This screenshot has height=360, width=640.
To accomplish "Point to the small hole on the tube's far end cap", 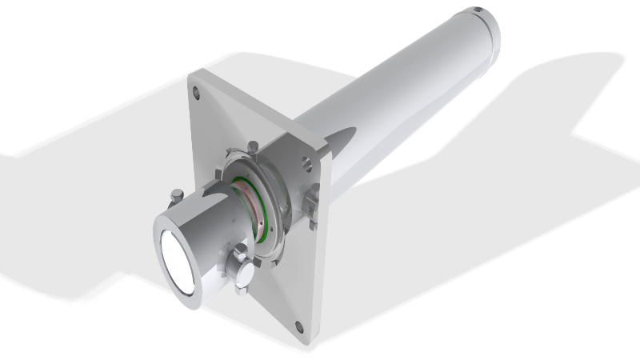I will pos(478,10).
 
